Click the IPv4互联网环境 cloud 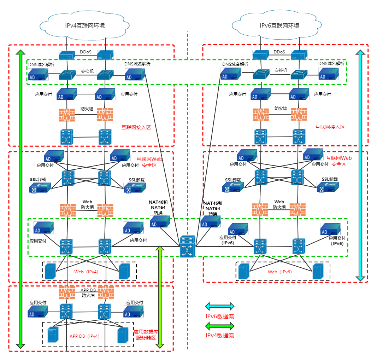coord(85,25)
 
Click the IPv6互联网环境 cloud coord(279,25)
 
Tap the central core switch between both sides coord(187,246)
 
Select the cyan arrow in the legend coord(220,306)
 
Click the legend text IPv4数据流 coord(220,335)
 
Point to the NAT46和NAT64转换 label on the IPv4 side coord(158,208)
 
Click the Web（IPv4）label coord(86,272)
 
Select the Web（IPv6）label coord(280,272)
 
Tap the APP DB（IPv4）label coord(85,336)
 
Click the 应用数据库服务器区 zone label coord(146,335)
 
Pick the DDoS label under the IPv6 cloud coord(279,52)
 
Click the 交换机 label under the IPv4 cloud coord(87,71)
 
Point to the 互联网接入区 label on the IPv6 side coord(330,127)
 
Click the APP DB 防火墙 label coord(88,292)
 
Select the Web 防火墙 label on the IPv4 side coord(87,204)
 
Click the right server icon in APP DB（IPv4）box coord(123,335)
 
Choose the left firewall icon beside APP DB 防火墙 coord(67,292)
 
